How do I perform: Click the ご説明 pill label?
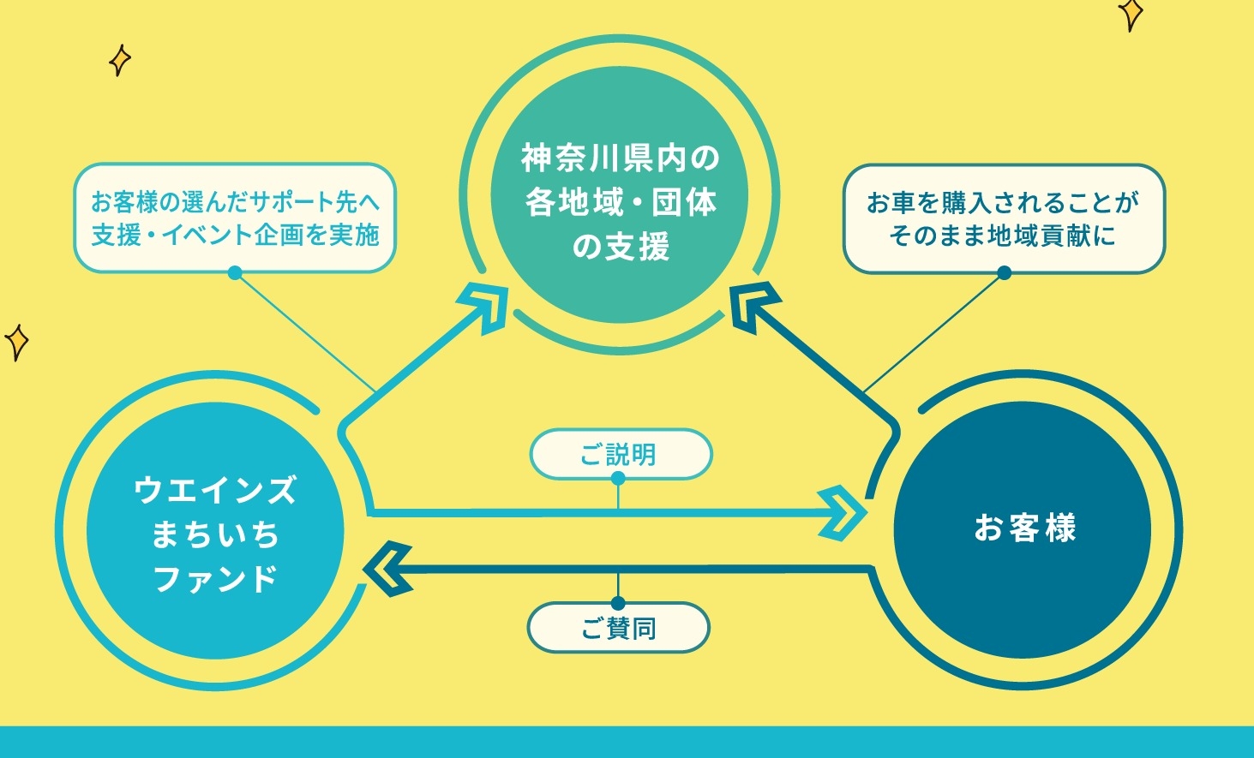[x=621, y=454]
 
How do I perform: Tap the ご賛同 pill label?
[x=619, y=628]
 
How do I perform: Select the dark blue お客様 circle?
[x=1023, y=530]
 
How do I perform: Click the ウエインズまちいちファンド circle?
[x=215, y=530]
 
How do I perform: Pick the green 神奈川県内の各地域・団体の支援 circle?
[x=620, y=194]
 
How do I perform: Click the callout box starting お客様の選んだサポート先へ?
[x=235, y=218]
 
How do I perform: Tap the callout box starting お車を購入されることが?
[x=1005, y=218]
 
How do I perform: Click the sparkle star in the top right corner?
[x=1131, y=14]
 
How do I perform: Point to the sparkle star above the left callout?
[x=119, y=60]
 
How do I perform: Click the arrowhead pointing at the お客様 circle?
[x=843, y=513]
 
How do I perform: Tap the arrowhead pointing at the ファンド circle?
[x=388, y=570]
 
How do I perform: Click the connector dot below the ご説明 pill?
[x=618, y=479]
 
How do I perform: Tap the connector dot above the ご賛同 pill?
[x=618, y=603]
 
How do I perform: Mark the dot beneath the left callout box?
[x=235, y=273]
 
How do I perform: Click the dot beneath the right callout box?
[x=1005, y=273]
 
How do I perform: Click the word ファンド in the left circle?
[x=215, y=579]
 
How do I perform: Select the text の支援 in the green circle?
[x=621, y=246]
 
